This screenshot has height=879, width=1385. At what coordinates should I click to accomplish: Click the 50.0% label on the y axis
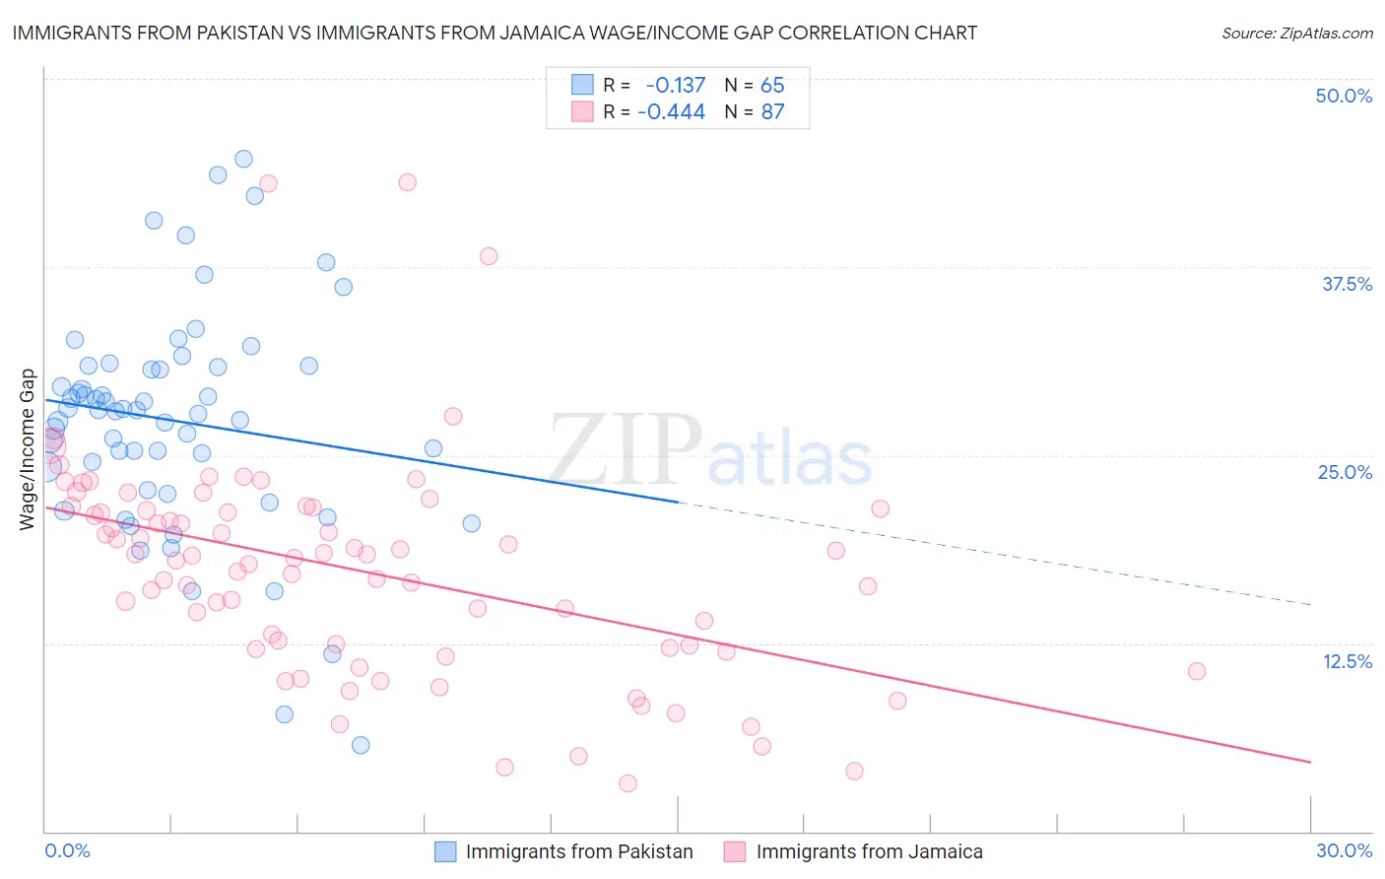point(1344,96)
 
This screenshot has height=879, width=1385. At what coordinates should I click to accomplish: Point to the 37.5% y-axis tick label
point(1347,284)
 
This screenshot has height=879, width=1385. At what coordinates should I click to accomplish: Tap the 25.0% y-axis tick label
point(1345,472)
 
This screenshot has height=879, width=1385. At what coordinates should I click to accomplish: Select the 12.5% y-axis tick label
point(1347,661)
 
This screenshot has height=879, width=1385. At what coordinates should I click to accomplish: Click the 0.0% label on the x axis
point(67,850)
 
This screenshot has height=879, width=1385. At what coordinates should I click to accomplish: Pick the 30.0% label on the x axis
point(1344,850)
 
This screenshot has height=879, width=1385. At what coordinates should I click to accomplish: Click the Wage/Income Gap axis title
point(28,449)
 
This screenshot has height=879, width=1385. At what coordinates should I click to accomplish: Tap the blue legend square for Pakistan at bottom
point(445,851)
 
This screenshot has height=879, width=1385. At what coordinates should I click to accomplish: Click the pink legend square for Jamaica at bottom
point(735,851)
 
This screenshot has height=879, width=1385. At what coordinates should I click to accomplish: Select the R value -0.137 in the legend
point(675,85)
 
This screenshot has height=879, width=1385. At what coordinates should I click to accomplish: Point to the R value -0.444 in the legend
point(671,111)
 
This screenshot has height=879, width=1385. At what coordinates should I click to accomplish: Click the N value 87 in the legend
point(772,111)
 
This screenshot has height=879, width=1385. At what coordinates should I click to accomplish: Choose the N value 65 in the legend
point(772,85)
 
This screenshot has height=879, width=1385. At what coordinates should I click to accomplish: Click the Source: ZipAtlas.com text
point(1296,33)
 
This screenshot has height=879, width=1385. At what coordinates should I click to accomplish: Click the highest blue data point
point(243,159)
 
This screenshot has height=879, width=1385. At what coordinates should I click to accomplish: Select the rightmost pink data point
point(1197,671)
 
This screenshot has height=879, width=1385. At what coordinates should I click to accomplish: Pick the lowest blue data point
point(361,745)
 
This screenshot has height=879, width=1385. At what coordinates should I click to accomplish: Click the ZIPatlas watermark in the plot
point(709,450)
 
